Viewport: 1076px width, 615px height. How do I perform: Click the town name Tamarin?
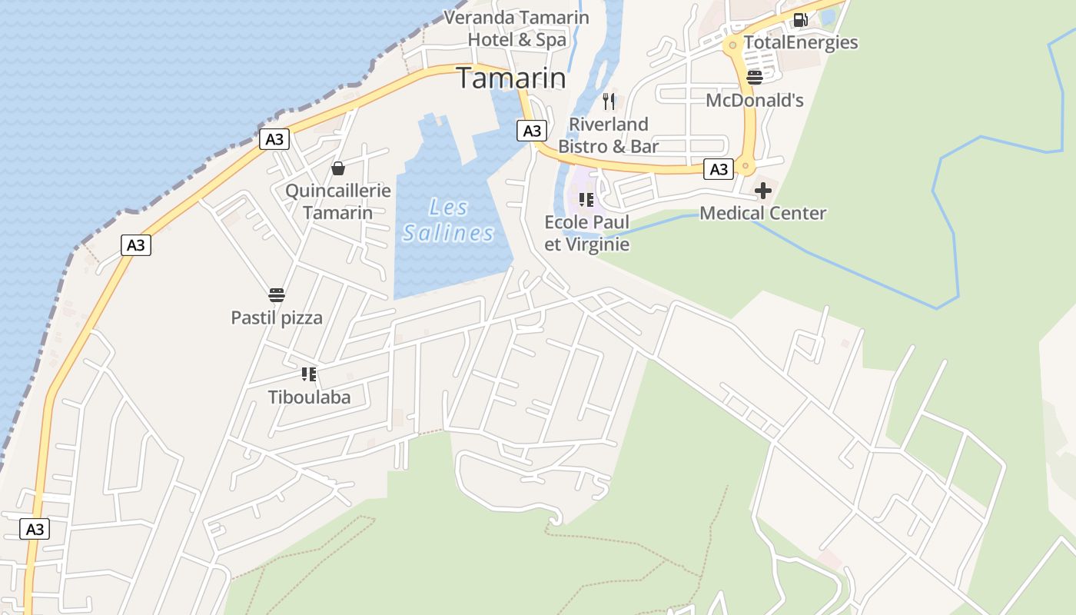[x=511, y=78]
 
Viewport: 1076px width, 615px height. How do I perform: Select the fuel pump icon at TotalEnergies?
[x=800, y=20]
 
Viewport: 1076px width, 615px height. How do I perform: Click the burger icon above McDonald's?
[x=754, y=77]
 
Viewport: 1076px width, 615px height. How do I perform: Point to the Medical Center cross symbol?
[x=762, y=190]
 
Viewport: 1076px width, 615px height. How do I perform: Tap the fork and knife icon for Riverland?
[x=609, y=101]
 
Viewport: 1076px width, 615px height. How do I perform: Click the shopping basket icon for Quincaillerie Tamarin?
[x=337, y=168]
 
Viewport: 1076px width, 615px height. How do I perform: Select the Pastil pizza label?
[x=277, y=317]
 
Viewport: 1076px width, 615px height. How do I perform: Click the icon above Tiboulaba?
[x=309, y=374]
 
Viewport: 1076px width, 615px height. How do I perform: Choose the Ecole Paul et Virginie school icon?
[x=586, y=200]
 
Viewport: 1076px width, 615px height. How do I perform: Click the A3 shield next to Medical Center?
[x=719, y=169]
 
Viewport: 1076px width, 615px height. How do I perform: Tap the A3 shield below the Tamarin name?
[x=532, y=131]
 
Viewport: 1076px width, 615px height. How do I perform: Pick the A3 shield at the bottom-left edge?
[x=35, y=529]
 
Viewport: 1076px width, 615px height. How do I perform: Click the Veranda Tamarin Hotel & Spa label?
[x=516, y=28]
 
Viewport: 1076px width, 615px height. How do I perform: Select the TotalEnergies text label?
[x=800, y=42]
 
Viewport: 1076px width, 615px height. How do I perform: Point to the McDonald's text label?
[x=754, y=100]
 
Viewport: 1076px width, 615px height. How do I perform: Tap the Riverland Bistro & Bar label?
[x=608, y=135]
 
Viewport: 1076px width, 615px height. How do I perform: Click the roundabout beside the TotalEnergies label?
[x=732, y=45]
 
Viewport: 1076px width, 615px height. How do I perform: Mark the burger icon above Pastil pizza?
[x=277, y=295]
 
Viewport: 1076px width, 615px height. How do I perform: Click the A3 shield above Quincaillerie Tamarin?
[x=274, y=139]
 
